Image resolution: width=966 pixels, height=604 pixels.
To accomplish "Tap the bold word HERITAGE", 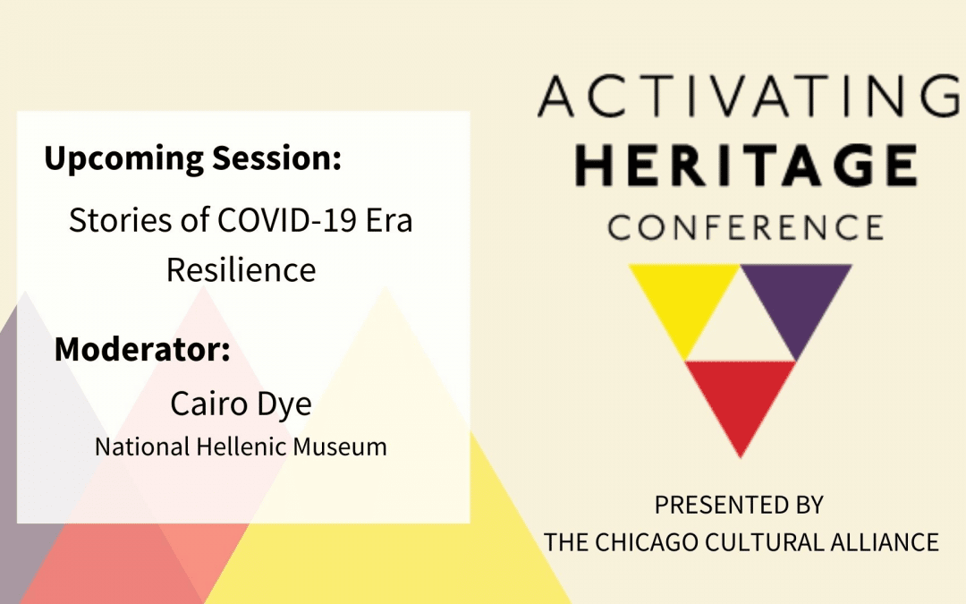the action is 747,165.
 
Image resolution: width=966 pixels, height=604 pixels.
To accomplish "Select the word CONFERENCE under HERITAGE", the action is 745,227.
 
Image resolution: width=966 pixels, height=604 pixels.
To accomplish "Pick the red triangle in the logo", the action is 741,401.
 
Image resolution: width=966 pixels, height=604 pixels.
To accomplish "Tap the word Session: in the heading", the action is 276,157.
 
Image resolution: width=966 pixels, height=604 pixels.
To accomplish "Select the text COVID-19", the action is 287,220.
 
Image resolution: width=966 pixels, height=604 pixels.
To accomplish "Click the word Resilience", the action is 241,270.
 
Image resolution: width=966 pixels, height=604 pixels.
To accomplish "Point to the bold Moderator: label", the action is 142,349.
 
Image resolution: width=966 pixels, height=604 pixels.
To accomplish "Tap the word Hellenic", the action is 241,447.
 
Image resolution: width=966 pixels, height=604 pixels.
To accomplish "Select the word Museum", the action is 340,447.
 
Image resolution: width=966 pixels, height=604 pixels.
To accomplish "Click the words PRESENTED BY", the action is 739,506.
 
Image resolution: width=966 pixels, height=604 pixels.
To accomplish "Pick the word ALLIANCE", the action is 884,542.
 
